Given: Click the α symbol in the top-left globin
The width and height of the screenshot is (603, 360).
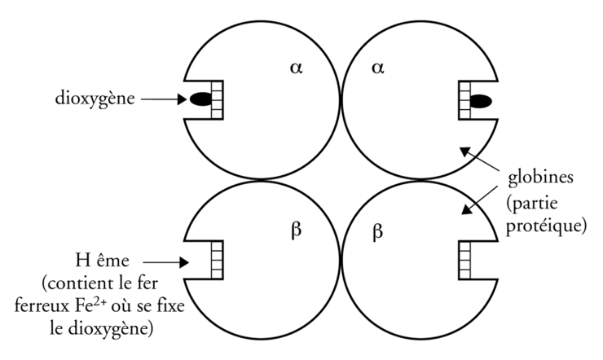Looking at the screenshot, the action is tap(296, 68).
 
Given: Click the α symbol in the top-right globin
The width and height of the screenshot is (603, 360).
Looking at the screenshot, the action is tap(378, 68).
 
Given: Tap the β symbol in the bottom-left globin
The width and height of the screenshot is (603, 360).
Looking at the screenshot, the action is tap(296, 230).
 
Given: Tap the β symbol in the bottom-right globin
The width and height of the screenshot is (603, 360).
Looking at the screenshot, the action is tap(378, 232).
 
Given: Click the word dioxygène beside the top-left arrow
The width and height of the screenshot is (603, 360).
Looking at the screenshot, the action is tap(95, 99).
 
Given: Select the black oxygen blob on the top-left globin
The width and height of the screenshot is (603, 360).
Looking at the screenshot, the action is tap(200, 99).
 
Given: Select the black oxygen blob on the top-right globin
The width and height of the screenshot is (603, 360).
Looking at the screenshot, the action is tap(481, 102).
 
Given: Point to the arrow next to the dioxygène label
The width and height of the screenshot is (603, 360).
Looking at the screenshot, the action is tap(164, 99).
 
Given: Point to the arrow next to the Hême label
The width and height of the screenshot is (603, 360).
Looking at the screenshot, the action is tap(165, 262).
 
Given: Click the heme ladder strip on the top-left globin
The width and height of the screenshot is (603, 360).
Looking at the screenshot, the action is tap(218, 100).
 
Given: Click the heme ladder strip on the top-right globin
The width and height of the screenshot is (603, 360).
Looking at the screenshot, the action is tap(464, 100).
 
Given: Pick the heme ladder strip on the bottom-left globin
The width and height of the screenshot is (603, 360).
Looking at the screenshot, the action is tap(218, 260).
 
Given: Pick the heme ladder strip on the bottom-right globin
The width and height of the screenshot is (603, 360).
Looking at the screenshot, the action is tap(464, 260).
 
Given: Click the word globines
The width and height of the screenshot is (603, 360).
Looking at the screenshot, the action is tap(541, 178).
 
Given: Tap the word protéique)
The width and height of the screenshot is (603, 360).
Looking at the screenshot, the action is tap(546, 226).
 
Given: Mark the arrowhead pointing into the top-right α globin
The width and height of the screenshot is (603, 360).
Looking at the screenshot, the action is tap(466, 151).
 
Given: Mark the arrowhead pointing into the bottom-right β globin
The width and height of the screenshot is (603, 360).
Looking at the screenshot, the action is tap(467, 209).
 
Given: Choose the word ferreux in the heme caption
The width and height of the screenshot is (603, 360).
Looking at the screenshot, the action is tap(42, 307).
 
